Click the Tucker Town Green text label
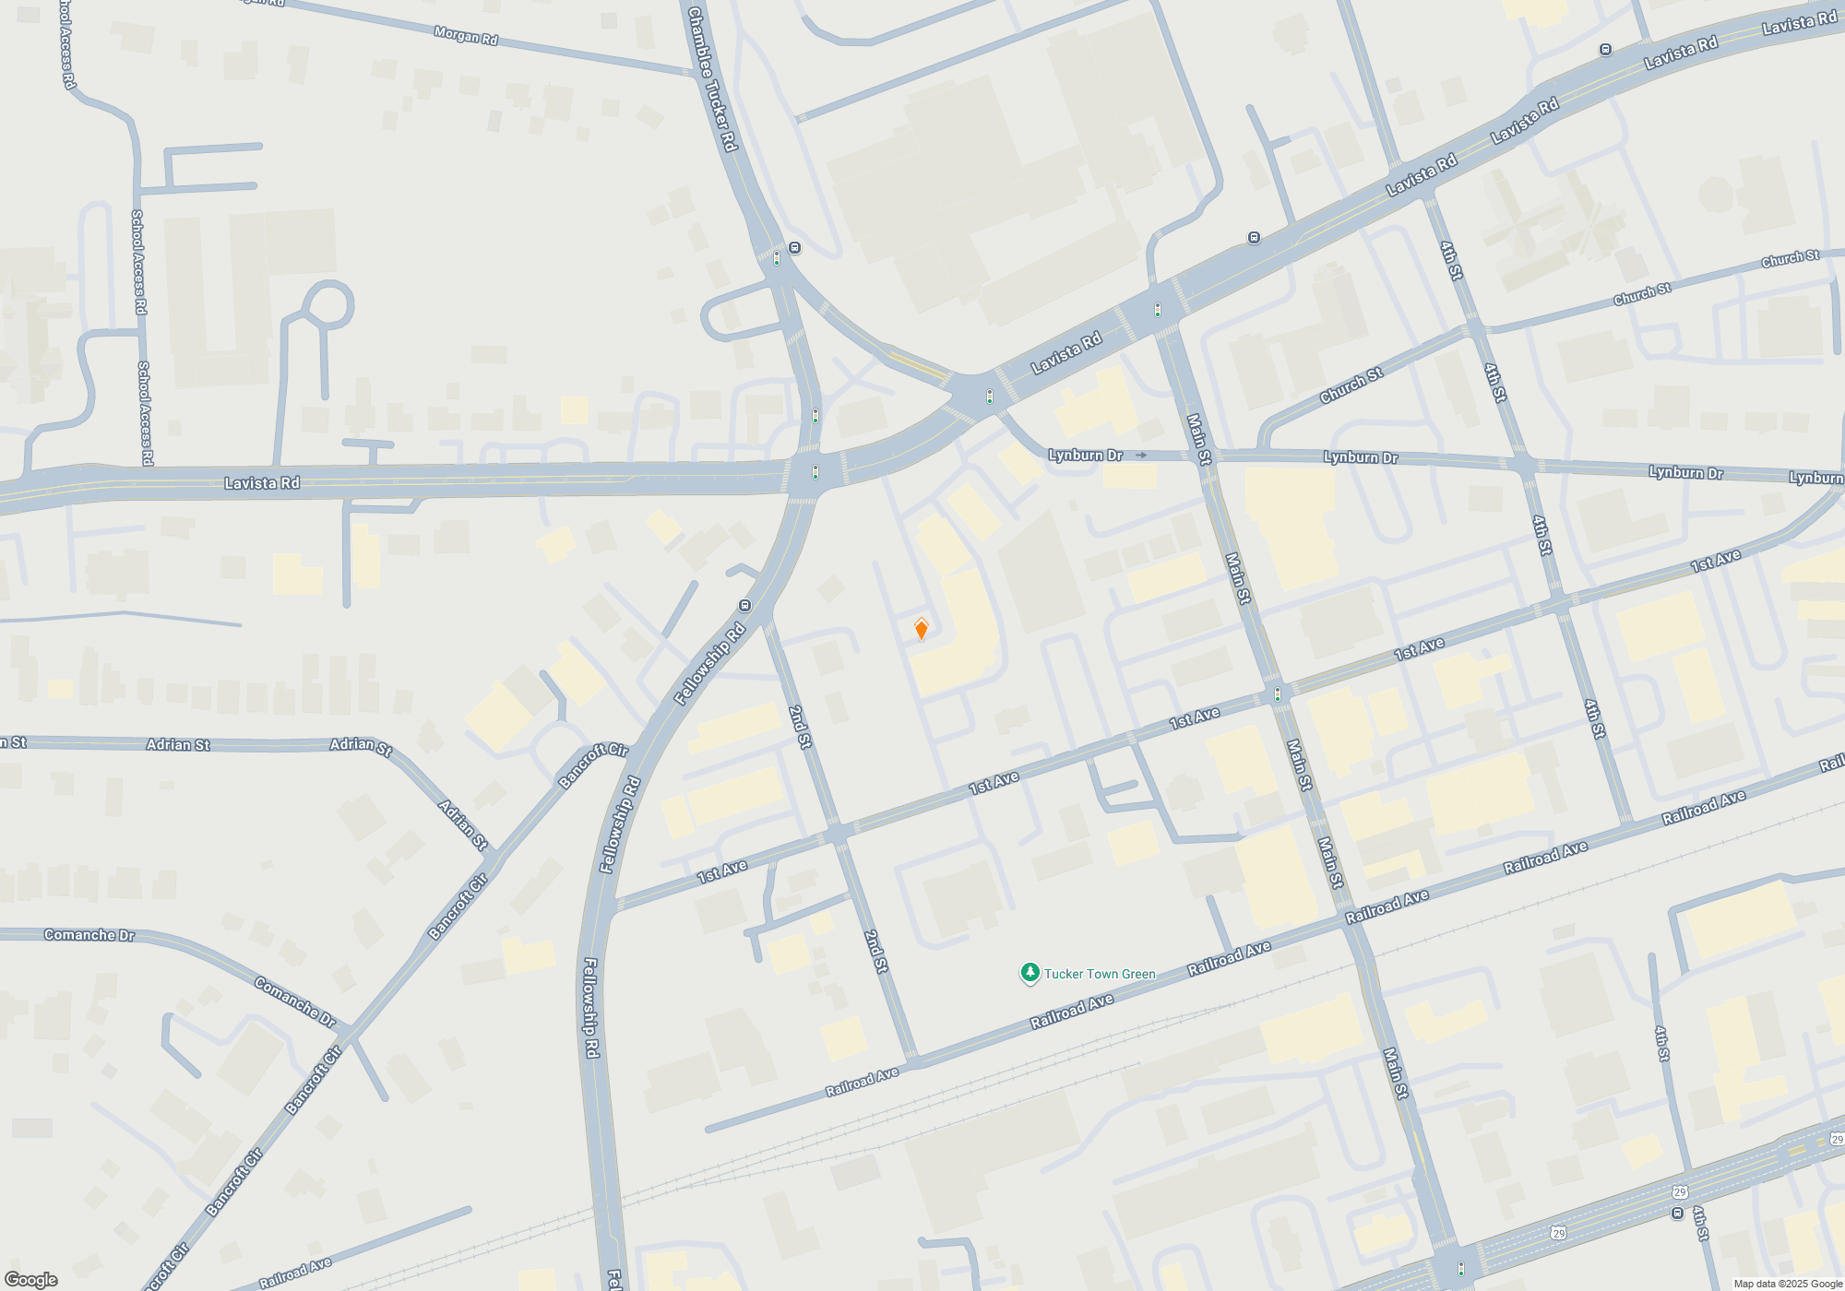click(x=1099, y=974)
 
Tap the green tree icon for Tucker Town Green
click(x=1030, y=973)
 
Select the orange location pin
click(x=921, y=629)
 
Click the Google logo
click(x=30, y=1280)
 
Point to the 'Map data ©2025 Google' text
click(x=1788, y=1284)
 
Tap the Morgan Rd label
click(x=466, y=36)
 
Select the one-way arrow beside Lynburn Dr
click(x=1141, y=455)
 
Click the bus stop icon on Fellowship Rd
click(x=745, y=606)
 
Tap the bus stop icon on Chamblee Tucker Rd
click(x=795, y=248)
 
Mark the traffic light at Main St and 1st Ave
click(x=1278, y=694)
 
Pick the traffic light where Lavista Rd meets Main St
click(x=1158, y=310)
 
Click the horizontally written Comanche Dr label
click(x=89, y=935)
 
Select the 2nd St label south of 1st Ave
click(x=876, y=952)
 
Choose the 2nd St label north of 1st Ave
click(x=801, y=727)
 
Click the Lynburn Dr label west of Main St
click(x=1085, y=455)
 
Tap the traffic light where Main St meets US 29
click(x=1460, y=1269)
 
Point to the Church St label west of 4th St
click(x=1351, y=385)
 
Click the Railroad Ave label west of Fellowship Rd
click(x=294, y=1273)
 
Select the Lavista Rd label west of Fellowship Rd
click(x=262, y=483)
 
